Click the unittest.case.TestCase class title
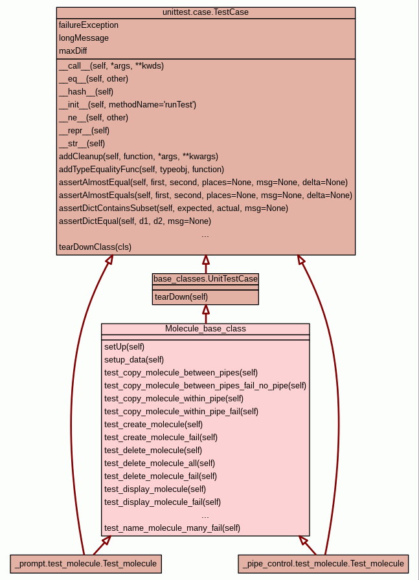[x=205, y=12]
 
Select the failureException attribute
[x=89, y=25]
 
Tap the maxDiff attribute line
[x=73, y=51]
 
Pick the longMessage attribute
[x=84, y=38]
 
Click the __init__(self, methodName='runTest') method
[x=128, y=104]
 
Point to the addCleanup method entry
[x=139, y=156]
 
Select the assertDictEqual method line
[x=135, y=221]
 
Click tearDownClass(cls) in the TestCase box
[x=95, y=247]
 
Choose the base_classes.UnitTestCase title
[x=205, y=278]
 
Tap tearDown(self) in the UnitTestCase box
[x=181, y=296]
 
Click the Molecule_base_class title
[x=205, y=329]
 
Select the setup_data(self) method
[x=134, y=359]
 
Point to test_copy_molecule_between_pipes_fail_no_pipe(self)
[x=205, y=385]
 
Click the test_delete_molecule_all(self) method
[x=159, y=463]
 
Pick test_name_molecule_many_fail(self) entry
[x=172, y=528]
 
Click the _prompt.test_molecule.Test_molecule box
[x=85, y=564]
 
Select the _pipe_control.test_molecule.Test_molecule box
[x=324, y=564]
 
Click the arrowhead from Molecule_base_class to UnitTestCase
[x=205, y=309]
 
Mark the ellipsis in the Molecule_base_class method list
[x=205, y=515]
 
